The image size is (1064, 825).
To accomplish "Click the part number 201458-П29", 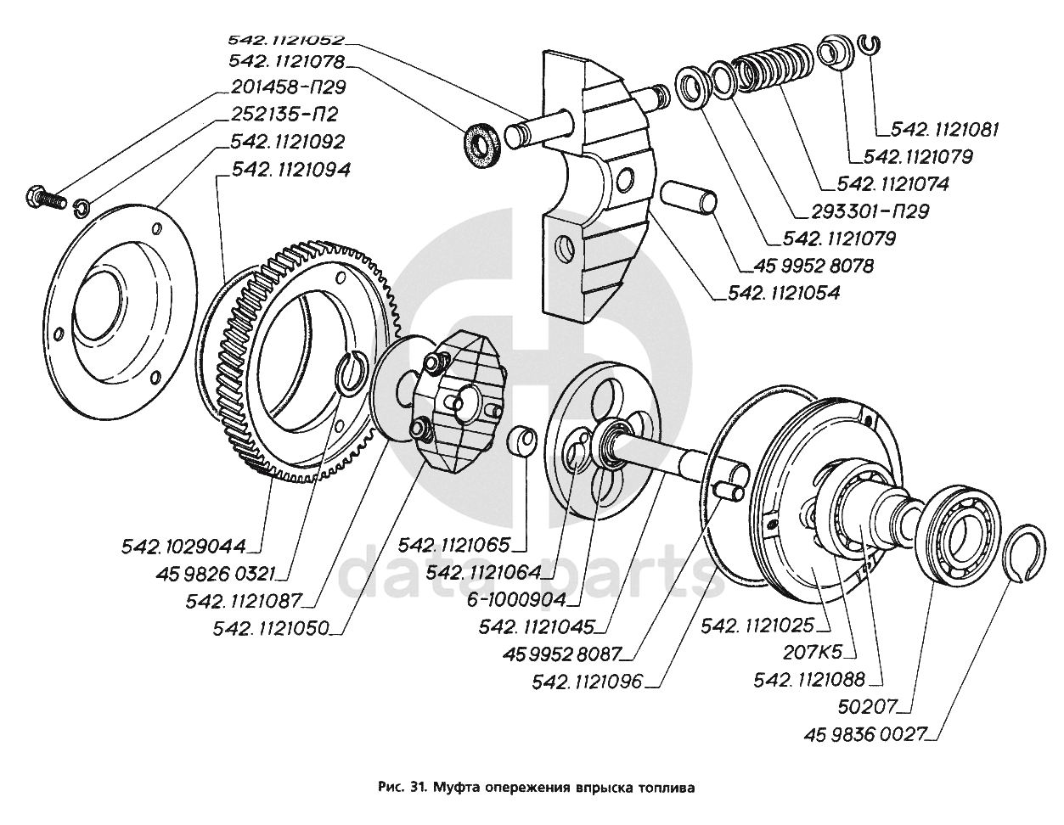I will [x=288, y=87].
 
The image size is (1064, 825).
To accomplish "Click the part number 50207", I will [x=880, y=706].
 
